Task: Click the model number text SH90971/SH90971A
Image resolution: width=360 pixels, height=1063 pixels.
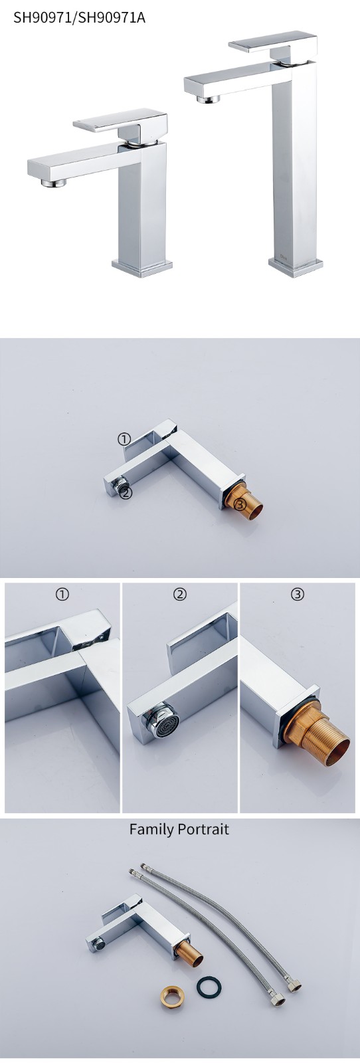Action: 79,18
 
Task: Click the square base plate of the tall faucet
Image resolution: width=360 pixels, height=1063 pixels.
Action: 296,266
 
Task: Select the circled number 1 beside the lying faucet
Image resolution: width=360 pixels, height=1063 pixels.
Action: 124,440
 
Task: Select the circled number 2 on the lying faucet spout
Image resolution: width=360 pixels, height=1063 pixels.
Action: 126,494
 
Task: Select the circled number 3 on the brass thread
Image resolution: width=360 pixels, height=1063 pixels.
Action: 241,505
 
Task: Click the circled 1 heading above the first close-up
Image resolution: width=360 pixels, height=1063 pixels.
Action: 62,594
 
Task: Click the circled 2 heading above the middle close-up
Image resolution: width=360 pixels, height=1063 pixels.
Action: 180,594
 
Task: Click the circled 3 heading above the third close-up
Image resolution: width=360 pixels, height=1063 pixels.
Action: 298,594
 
